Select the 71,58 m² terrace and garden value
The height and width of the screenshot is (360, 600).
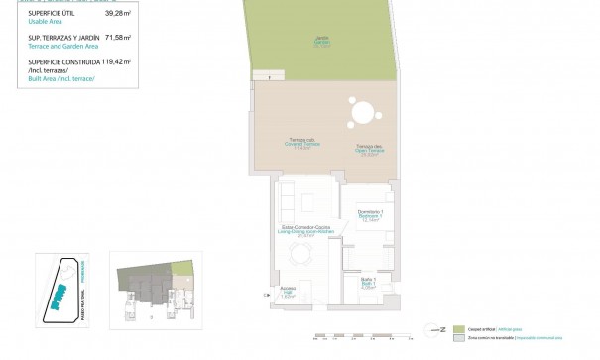click(x=118, y=38)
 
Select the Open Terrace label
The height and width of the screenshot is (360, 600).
click(x=371, y=149)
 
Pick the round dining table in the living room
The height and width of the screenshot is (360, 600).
click(x=300, y=255)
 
